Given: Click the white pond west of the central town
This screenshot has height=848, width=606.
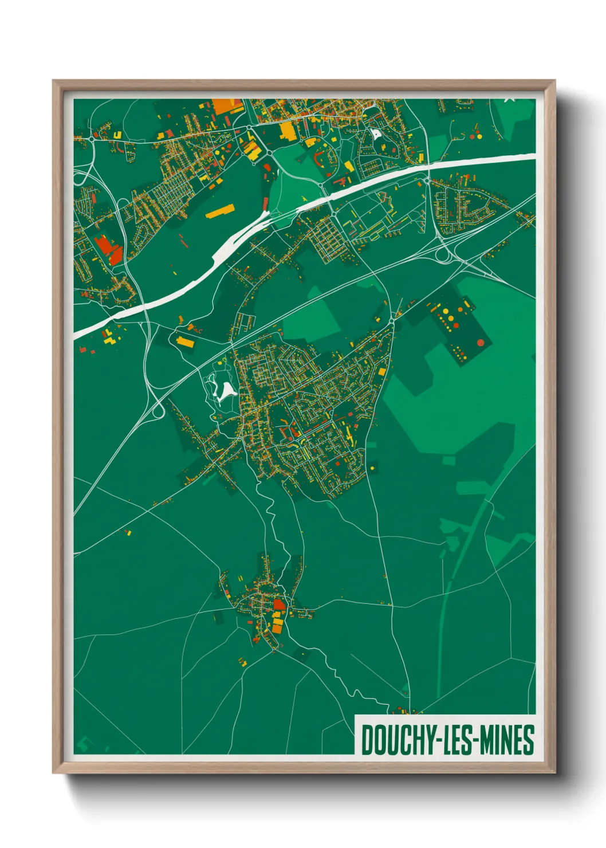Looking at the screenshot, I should point(225,391).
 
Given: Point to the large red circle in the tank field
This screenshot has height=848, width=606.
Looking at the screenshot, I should point(481,343).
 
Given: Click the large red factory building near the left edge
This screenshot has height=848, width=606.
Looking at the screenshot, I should point(108,250).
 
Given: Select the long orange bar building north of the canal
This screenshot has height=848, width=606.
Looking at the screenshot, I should point(220,211).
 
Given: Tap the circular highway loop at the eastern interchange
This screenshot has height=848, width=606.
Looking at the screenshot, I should point(443,254).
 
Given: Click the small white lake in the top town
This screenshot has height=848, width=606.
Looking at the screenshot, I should point(376,134).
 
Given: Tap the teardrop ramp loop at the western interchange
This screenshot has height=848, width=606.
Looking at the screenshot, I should point(157,409).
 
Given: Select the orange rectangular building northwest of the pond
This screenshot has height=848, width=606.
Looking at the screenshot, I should point(185,342).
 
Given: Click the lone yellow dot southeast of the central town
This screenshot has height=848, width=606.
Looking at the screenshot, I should point(372,468).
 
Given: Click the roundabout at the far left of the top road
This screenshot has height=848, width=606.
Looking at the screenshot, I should point(92,138).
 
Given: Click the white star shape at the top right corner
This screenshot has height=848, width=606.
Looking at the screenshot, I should point(510,100).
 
